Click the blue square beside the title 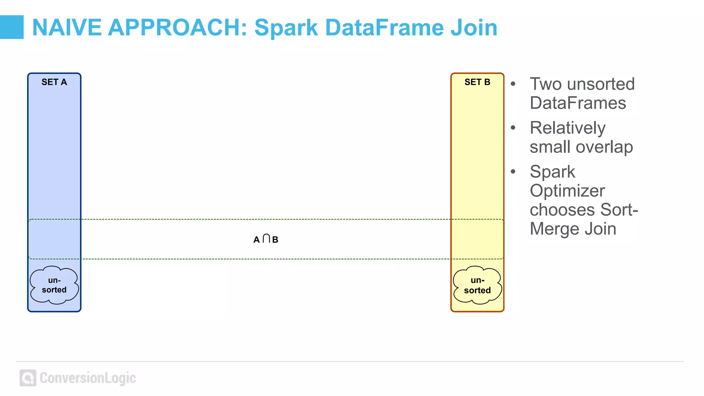point(11,27)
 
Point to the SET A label point(54,82)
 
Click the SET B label point(477,82)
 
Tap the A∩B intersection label point(266,239)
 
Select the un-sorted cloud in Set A point(54,285)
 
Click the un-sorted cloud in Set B point(477,285)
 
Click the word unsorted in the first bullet point(601,84)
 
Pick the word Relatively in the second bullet point(568,128)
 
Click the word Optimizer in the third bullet point(567,191)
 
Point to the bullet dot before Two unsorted point(513,84)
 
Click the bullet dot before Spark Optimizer point(513,172)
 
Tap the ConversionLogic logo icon point(28,378)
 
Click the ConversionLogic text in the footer point(88,378)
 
